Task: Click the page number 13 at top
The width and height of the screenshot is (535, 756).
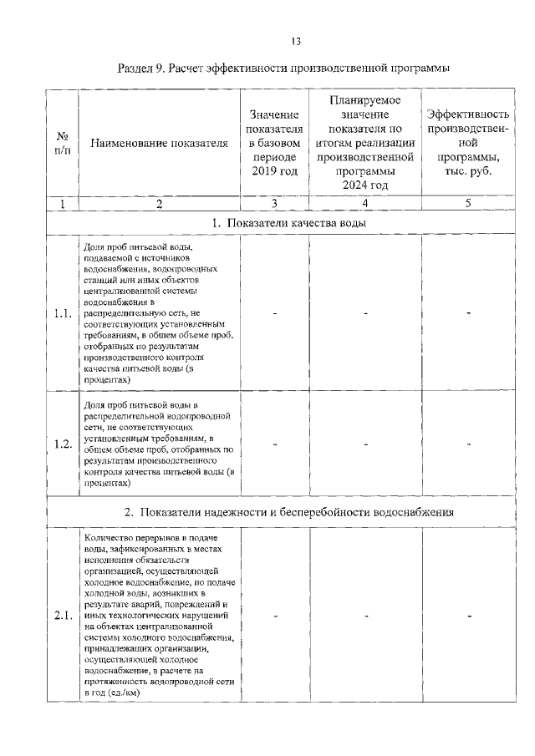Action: (295, 41)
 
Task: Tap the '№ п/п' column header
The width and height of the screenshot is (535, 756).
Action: (62, 143)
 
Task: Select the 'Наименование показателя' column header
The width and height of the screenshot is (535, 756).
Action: (159, 144)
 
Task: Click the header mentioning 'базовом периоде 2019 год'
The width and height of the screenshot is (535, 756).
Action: (274, 143)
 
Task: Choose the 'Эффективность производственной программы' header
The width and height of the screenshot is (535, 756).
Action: (468, 143)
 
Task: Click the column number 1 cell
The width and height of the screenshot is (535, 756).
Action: (62, 203)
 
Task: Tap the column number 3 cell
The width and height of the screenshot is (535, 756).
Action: (274, 203)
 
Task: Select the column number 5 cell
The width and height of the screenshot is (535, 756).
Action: (468, 203)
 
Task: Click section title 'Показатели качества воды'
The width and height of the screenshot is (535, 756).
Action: (288, 224)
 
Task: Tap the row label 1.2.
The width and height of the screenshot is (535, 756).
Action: (62, 444)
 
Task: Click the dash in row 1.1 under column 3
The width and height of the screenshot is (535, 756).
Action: (274, 313)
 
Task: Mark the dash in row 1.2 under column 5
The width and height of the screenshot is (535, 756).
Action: (469, 444)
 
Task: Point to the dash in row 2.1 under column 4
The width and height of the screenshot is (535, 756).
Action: (365, 616)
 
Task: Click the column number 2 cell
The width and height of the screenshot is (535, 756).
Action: (159, 203)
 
